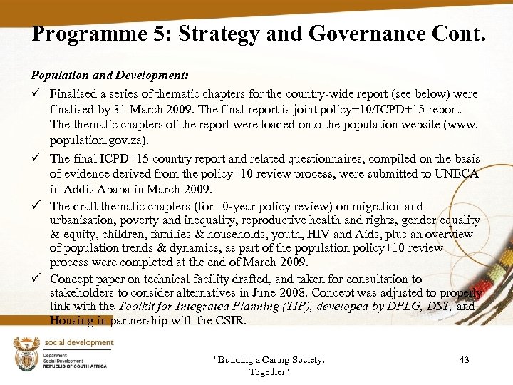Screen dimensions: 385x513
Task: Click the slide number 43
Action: [x=464, y=360]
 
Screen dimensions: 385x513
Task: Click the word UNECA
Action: [x=456, y=173]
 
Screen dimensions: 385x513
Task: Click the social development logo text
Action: [x=81, y=343]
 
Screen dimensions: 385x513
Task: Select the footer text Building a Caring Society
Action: [x=269, y=360]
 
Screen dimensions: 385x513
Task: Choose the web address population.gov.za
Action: [x=93, y=141]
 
